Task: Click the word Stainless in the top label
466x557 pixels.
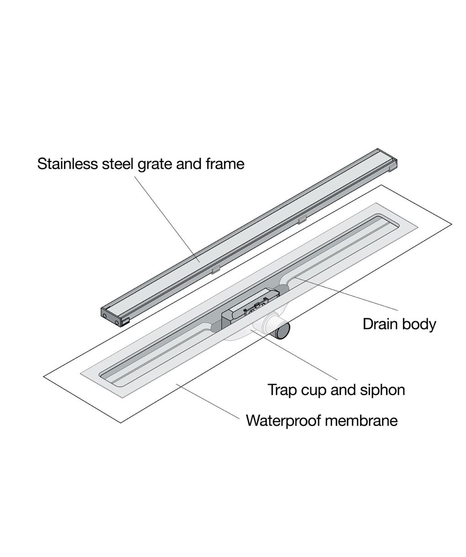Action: click(x=68, y=163)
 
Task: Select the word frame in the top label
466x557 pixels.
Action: click(x=225, y=163)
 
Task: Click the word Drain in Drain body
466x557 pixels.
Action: click(x=380, y=324)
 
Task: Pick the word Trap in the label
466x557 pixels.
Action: click(x=282, y=390)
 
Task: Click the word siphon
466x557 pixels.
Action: click(x=382, y=390)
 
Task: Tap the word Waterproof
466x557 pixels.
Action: click(x=283, y=420)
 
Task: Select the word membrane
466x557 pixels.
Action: click(x=361, y=420)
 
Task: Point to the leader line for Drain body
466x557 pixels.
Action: click(x=346, y=294)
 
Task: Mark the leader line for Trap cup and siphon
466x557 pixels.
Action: click(x=294, y=355)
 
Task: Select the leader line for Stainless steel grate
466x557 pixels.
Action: click(x=167, y=219)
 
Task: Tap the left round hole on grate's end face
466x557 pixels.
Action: click(x=105, y=315)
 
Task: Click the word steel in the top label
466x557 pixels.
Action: click(x=118, y=163)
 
